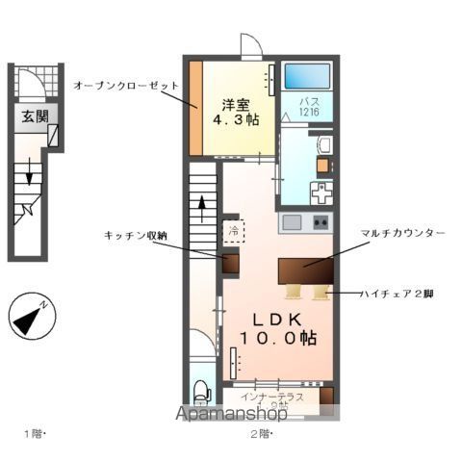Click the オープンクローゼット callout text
tap(126, 86)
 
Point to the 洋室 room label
tap(236, 104)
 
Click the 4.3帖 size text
tap(236, 120)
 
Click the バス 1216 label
tap(308, 106)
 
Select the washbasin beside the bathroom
tap(323, 145)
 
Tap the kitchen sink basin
tap(292, 222)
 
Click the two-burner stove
tap(320, 222)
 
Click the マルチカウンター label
tap(402, 234)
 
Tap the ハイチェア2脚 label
tap(398, 292)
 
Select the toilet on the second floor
tap(201, 391)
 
